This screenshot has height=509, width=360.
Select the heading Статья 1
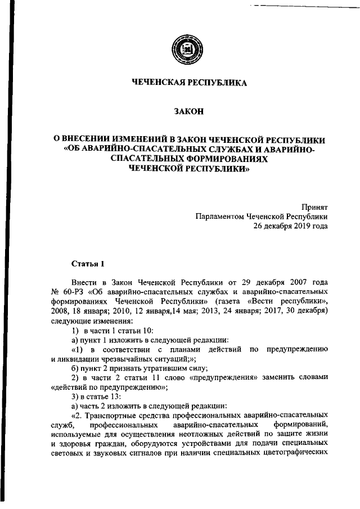tap(88, 263)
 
